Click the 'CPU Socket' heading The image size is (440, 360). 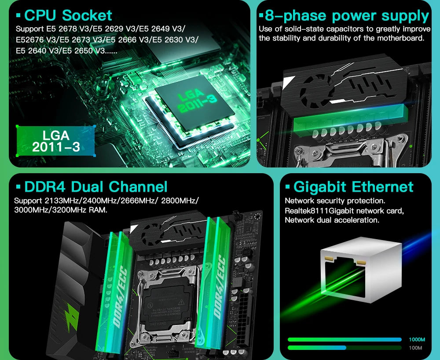click(x=68, y=15)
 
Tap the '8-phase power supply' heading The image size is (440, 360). click(x=347, y=16)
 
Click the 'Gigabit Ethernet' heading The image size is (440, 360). click(x=353, y=187)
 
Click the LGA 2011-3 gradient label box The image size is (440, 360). click(x=56, y=141)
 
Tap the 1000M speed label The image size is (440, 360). click(x=417, y=340)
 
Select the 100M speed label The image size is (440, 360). click(x=415, y=348)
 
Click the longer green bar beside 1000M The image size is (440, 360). click(x=345, y=340)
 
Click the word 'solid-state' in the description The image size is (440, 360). click(x=302, y=29)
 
